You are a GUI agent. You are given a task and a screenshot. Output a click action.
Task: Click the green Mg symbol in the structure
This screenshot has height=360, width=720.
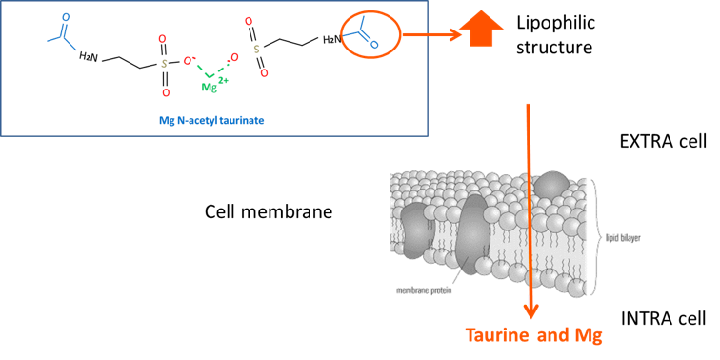point(209,88)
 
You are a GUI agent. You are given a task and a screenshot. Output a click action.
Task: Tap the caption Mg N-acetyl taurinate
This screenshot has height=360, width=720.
point(210,121)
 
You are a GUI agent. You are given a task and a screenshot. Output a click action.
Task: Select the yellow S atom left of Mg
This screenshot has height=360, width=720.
point(164,64)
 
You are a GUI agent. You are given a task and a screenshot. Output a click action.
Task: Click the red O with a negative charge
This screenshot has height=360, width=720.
point(189,60)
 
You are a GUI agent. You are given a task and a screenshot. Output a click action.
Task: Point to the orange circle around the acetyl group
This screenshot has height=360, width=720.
point(370,36)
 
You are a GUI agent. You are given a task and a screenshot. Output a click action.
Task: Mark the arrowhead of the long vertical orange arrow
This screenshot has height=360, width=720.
point(530,311)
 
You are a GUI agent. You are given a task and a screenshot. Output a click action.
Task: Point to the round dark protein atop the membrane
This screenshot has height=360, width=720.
point(552,185)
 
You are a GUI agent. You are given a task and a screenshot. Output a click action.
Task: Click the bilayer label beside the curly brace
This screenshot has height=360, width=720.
point(624,238)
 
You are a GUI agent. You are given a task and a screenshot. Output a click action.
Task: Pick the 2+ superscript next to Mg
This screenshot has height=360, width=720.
point(223,80)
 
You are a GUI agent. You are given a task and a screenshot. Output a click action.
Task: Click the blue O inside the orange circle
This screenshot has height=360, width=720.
point(374,45)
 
